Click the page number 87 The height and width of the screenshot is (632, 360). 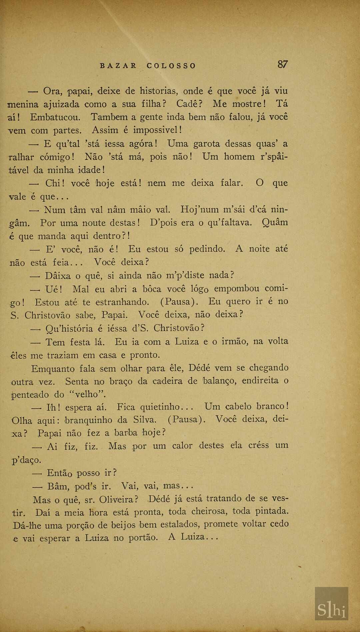[282, 64]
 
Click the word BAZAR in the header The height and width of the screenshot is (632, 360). [118, 66]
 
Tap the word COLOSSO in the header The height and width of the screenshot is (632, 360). [171, 66]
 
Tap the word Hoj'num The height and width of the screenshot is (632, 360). [199, 209]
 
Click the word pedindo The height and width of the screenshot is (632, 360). [207, 249]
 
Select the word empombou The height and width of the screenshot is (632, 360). [236, 288]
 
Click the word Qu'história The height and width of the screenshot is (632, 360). [69, 329]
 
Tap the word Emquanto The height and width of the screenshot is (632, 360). [53, 369]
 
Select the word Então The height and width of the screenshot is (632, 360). [59, 473]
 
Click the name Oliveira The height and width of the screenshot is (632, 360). [118, 499]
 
